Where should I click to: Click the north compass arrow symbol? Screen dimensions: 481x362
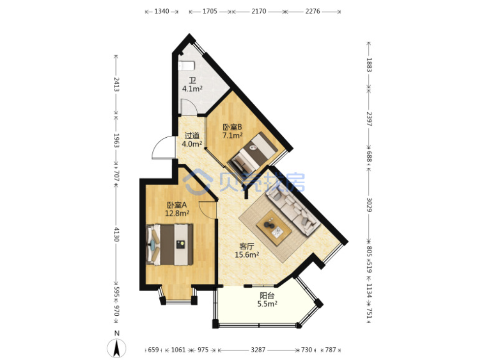[x=116, y=349]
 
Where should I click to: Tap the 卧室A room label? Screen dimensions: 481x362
[x=177, y=205]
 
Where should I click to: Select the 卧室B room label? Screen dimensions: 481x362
[x=232, y=127]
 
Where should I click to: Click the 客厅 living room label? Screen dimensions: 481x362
[x=246, y=246]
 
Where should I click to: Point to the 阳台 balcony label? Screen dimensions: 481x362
[x=267, y=296]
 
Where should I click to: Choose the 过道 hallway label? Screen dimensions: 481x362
[x=192, y=135]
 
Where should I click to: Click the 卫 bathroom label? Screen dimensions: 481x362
[x=192, y=80]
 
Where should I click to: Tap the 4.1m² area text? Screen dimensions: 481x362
[x=192, y=89]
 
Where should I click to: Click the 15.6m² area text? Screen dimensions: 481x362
[x=246, y=255]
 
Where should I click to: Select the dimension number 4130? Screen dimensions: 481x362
[x=116, y=235]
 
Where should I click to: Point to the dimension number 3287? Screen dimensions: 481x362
[x=258, y=350]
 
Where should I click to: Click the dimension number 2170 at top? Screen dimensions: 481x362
[x=259, y=11]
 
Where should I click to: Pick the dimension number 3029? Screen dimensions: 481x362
[x=369, y=205]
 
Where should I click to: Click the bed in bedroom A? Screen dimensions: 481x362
[x=170, y=244]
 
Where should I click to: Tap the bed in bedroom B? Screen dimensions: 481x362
[x=252, y=152]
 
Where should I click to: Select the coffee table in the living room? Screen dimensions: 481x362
[x=274, y=228]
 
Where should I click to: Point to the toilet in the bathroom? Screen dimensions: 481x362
[x=186, y=65]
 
